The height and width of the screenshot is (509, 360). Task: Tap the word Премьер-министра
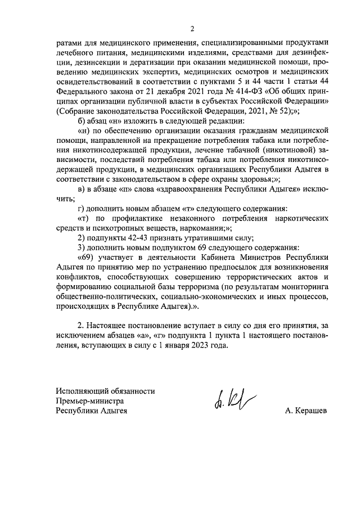pos(89,401)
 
